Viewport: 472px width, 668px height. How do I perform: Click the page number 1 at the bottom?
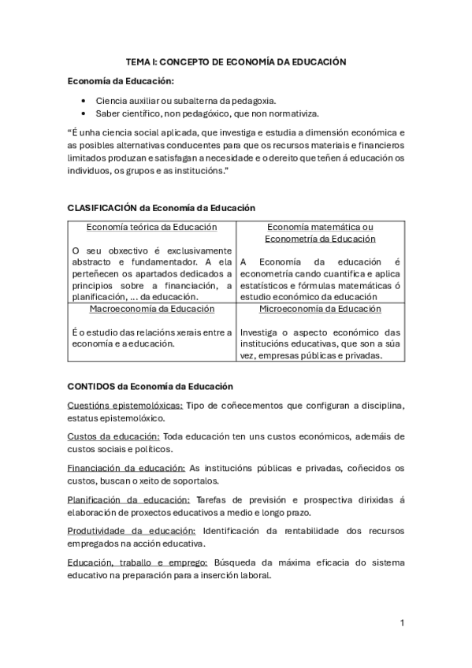pyautogui.click(x=402, y=623)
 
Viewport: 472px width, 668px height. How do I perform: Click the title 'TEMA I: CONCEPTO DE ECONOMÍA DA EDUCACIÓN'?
pyautogui.click(x=236, y=61)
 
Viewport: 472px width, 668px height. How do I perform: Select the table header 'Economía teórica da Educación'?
pyautogui.click(x=152, y=228)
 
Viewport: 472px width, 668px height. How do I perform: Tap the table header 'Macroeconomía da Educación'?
pyautogui.click(x=152, y=310)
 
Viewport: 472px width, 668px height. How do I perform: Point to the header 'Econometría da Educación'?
pyautogui.click(x=320, y=239)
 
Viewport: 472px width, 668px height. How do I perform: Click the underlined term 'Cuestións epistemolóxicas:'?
pyautogui.click(x=125, y=405)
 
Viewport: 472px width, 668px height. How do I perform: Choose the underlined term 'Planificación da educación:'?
pyautogui.click(x=128, y=499)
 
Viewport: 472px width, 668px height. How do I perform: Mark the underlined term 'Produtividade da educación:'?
pyautogui.click(x=129, y=531)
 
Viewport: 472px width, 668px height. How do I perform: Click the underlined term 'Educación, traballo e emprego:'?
pyautogui.click(x=138, y=562)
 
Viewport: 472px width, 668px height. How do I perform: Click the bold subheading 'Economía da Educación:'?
pyautogui.click(x=121, y=81)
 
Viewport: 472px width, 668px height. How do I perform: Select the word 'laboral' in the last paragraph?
pyautogui.click(x=254, y=575)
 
